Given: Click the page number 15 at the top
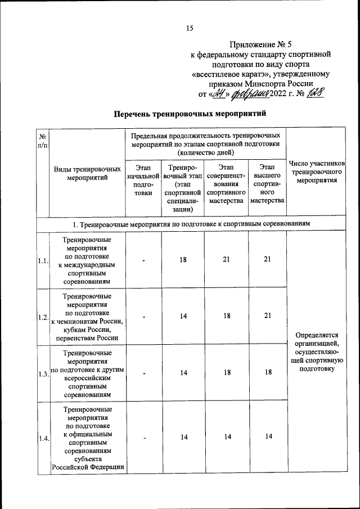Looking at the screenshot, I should tap(190, 29).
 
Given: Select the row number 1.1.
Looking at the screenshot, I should tap(43, 260).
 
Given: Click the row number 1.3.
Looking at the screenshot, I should tap(43, 374).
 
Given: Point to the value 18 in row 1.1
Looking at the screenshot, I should tap(183, 259).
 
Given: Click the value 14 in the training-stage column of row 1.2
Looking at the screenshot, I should tap(183, 316).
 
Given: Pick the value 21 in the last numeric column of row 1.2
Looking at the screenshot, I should tap(267, 316).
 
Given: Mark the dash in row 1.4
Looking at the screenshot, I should tap(143, 438).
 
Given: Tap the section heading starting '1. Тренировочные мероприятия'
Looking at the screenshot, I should tap(191, 224).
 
